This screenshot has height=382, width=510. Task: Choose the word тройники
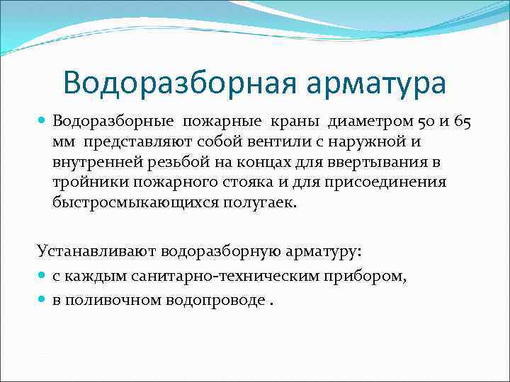pos(82,182)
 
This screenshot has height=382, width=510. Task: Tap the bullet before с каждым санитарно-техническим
pos(42,276)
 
